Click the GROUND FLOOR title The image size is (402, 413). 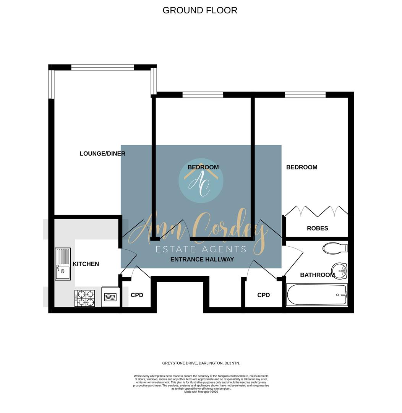(200, 10)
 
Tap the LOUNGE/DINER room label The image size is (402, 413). (102, 154)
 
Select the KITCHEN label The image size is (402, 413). (86, 264)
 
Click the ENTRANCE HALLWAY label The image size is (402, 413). (202, 259)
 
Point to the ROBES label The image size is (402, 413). (318, 228)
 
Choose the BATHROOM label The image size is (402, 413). (317, 275)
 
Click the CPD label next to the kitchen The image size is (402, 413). (137, 295)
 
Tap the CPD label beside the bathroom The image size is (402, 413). (263, 295)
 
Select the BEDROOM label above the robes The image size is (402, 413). (301, 167)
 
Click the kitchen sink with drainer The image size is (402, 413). (63, 264)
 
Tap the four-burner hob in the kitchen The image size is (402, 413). (85, 298)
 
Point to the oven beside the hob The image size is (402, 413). (110, 297)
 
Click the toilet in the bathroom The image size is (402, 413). (335, 248)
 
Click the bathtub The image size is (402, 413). (317, 294)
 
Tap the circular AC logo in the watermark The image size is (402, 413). (201, 180)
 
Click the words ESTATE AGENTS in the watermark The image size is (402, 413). (201, 250)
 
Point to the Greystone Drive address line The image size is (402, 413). (201, 363)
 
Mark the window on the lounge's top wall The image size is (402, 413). (102, 68)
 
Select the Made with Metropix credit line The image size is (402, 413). (201, 392)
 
